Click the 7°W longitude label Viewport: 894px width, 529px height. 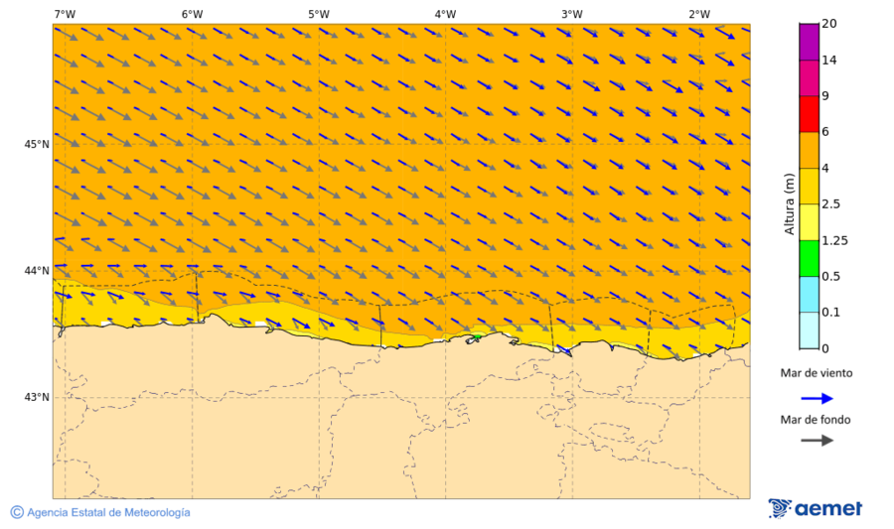tap(65, 14)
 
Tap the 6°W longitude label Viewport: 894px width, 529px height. tap(192, 14)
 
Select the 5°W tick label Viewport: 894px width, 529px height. tap(318, 14)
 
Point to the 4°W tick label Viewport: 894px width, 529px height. tap(445, 14)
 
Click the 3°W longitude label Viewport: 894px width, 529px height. tap(571, 14)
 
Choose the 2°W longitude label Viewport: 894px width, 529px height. tap(698, 14)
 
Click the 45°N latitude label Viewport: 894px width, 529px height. tap(37, 144)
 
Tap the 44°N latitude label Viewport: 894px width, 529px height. tap(37, 270)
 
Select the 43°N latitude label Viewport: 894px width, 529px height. tap(37, 397)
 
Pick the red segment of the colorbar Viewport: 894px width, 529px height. tap(809, 113)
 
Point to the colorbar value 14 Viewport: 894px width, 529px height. tap(830, 60)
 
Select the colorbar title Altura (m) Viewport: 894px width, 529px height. tap(790, 203)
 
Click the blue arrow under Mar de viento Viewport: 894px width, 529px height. tap(817, 398)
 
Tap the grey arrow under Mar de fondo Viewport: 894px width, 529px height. tap(817, 440)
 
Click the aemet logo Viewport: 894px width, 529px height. tap(816, 509)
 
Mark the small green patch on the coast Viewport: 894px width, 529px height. tap(477, 337)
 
